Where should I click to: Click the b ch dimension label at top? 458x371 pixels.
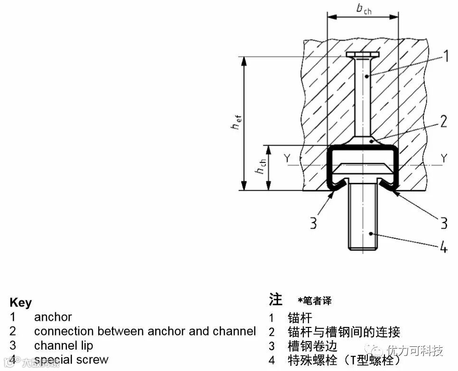pyautogui.click(x=364, y=9)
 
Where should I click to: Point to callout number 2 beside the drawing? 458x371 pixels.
pyautogui.click(x=443, y=122)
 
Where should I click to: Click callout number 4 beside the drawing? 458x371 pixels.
pyautogui.click(x=443, y=247)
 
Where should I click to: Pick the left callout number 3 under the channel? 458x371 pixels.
pyautogui.click(x=313, y=222)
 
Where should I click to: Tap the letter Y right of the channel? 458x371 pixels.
pyautogui.click(x=443, y=159)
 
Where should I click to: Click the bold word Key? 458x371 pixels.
pyautogui.click(x=20, y=303)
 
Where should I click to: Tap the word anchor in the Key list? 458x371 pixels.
pyautogui.click(x=53, y=317)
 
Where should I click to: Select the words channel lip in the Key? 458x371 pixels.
pyautogui.click(x=64, y=345)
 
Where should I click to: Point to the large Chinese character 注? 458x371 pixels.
pyautogui.click(x=276, y=299)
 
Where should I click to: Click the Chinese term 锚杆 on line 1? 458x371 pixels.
pyautogui.click(x=300, y=317)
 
